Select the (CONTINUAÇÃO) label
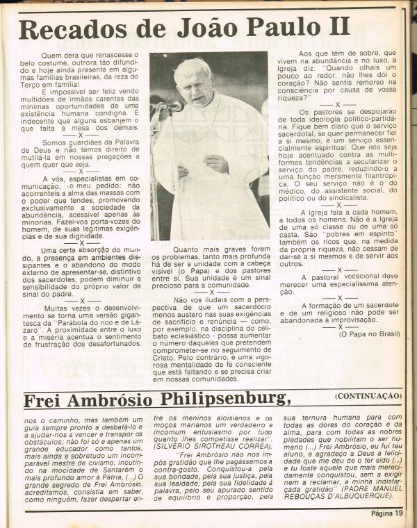[366, 396]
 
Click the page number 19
[398, 513]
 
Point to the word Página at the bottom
[376, 513]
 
